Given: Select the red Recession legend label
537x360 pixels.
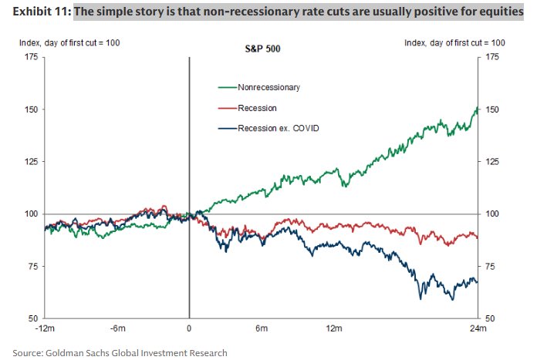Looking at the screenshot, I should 257,109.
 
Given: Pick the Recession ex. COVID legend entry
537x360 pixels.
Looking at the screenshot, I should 278,128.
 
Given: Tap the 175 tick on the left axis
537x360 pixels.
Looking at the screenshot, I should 33,57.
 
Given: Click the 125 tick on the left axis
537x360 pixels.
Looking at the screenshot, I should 33,161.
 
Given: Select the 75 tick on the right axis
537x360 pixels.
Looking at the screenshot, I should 489,266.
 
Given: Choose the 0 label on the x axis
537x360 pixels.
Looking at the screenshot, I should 190,330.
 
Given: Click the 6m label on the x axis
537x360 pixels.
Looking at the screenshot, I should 262,330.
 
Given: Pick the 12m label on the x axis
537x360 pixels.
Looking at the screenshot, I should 333,330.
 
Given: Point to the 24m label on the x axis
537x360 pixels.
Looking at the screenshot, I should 478,330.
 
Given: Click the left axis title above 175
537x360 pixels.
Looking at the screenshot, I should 69,42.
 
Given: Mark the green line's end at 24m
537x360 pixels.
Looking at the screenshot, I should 478,109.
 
